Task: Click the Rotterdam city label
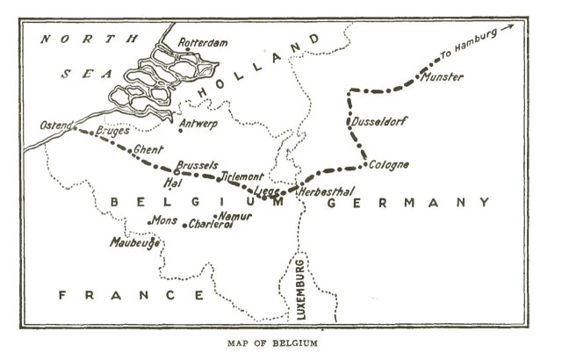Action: click(x=203, y=42)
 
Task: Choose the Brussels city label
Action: click(x=196, y=165)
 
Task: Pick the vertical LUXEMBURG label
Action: click(x=301, y=287)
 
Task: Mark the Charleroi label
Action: click(x=211, y=225)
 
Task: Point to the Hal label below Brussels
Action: click(x=172, y=184)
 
